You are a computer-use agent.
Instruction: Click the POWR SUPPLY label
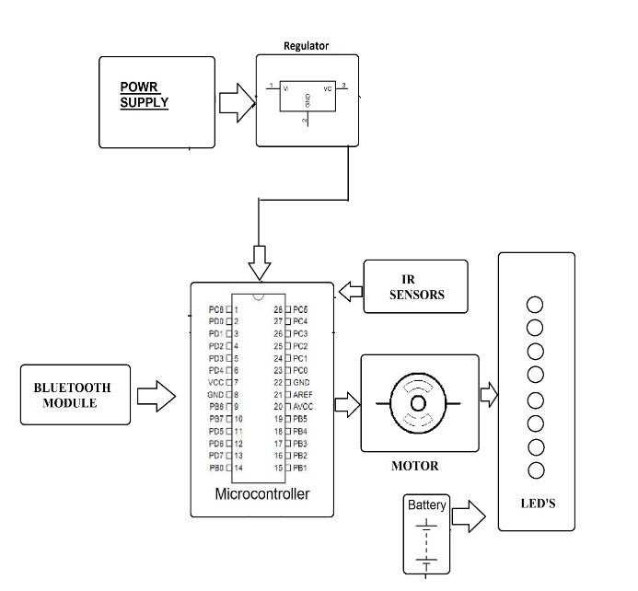pos(145,95)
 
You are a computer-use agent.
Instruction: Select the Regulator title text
pos(307,46)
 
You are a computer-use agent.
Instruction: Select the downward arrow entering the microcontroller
pos(260,262)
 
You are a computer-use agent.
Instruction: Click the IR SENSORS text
pos(415,287)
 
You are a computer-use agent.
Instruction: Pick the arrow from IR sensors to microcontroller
pos(350,292)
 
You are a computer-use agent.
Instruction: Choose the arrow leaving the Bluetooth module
pos(156,397)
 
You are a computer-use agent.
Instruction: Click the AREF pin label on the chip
pos(306,394)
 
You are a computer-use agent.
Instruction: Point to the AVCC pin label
pos(306,406)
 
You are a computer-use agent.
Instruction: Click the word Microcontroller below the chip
pos(261,494)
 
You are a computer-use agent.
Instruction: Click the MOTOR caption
pos(415,466)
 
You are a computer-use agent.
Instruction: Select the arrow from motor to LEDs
pos(488,397)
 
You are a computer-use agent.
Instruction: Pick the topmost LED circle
pos(533,305)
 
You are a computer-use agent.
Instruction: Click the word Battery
pos(427,505)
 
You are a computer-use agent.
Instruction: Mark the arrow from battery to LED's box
pos(470,516)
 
